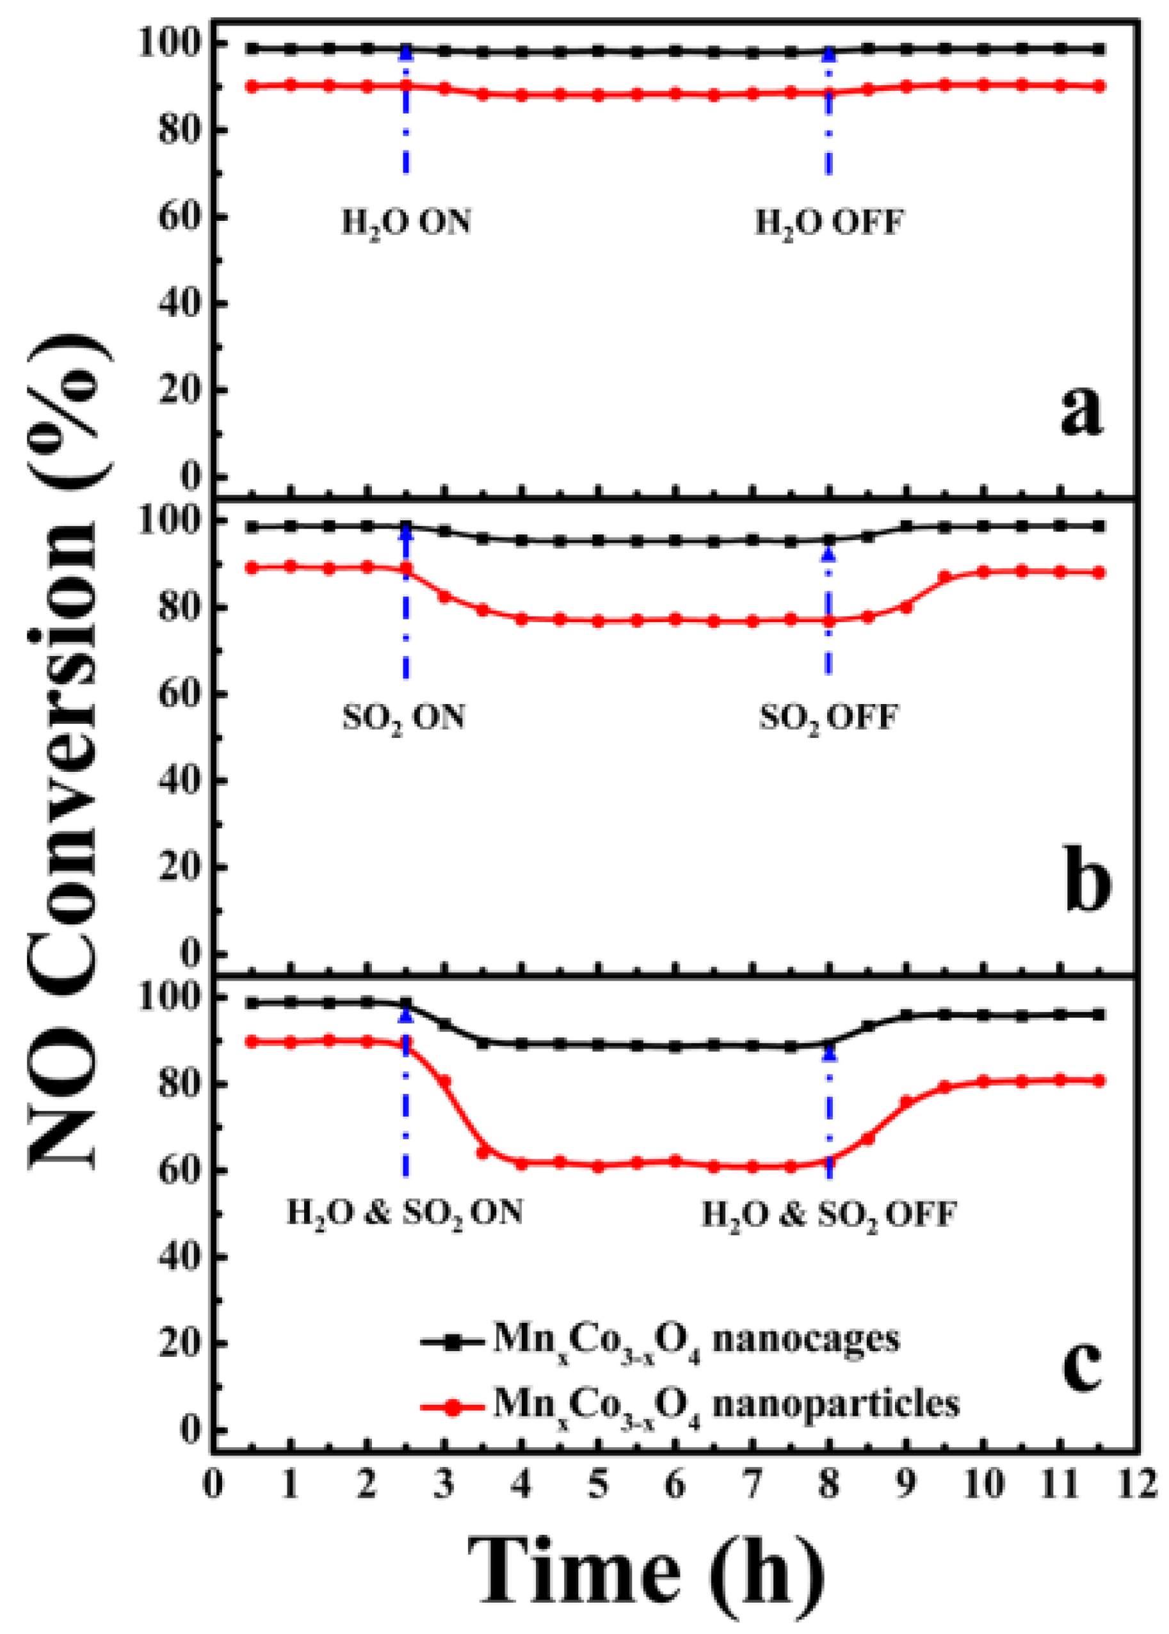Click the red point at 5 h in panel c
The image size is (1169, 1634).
[x=598, y=1167]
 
